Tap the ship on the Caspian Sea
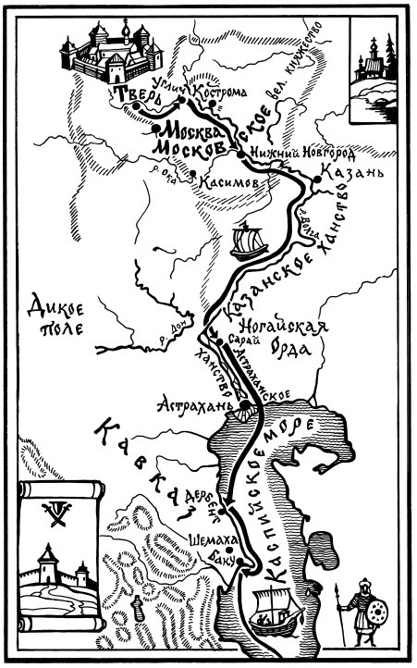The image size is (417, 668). (276, 611)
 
